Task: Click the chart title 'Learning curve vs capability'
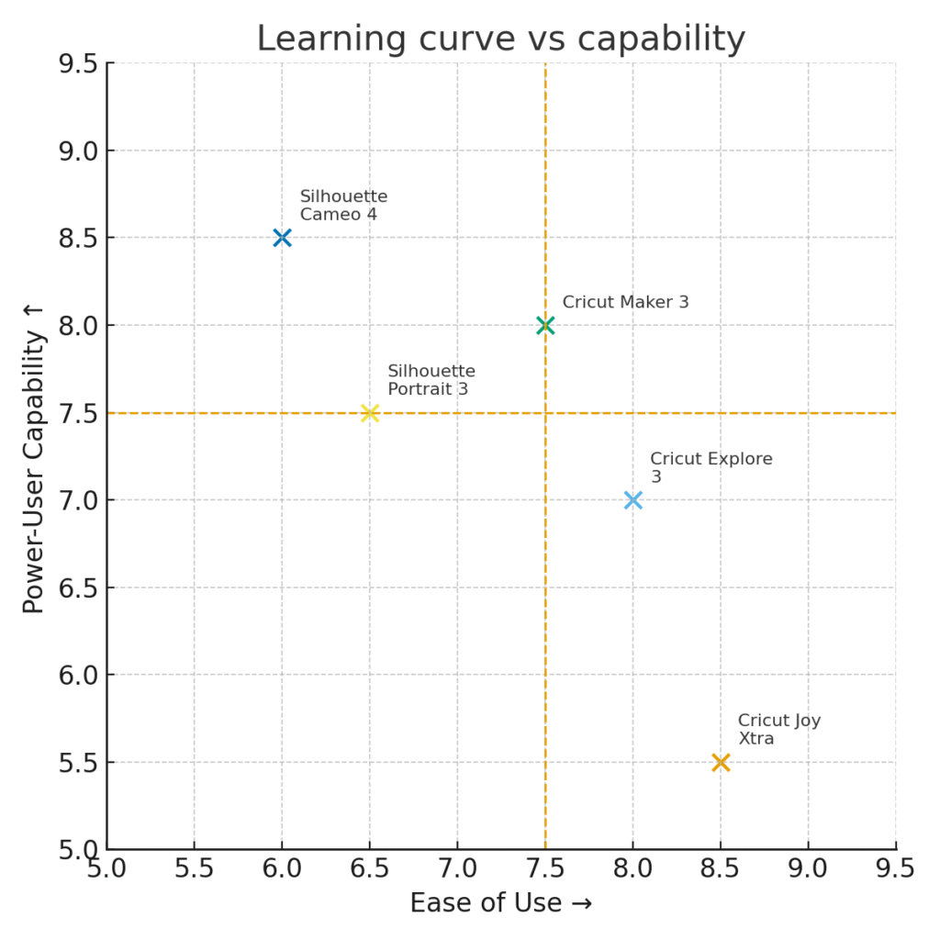click(500, 39)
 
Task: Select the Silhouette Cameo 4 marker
click(282, 238)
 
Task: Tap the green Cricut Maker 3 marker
click(545, 325)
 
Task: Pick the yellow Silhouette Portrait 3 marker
click(370, 413)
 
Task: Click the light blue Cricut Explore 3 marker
click(632, 500)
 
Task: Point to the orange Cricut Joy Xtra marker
click(721, 762)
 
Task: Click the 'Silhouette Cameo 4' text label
click(343, 206)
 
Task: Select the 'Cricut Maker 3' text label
click(625, 302)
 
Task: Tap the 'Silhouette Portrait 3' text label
click(431, 380)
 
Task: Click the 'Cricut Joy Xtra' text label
click(778, 730)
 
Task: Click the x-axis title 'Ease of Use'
click(500, 903)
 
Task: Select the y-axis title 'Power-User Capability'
click(34, 456)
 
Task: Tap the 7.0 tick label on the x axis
click(457, 868)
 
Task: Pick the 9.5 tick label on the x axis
click(895, 868)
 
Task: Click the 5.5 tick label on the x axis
click(194, 868)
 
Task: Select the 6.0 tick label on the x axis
click(282, 868)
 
